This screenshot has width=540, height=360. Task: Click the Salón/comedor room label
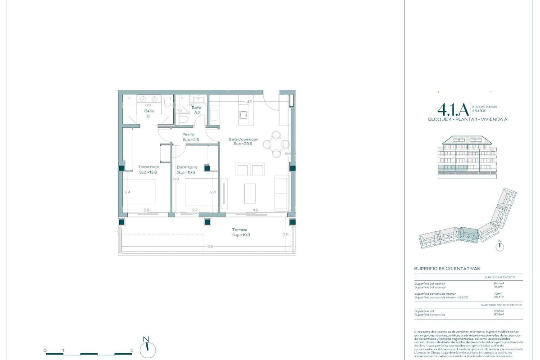click(243, 139)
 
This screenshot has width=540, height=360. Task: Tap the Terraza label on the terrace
click(239, 229)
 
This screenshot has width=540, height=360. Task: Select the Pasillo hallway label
click(188, 134)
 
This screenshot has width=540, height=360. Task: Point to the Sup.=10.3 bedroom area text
click(186, 172)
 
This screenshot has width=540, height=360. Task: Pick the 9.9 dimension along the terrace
click(210, 247)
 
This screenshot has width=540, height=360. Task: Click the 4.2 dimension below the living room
click(255, 210)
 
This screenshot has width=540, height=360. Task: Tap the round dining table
click(275, 144)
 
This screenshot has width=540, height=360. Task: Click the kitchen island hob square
click(243, 116)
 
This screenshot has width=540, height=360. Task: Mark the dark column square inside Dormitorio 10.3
click(207, 168)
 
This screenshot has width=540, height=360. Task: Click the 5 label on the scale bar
click(131, 350)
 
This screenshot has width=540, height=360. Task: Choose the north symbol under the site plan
click(499, 246)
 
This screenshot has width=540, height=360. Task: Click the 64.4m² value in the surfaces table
click(499, 283)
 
